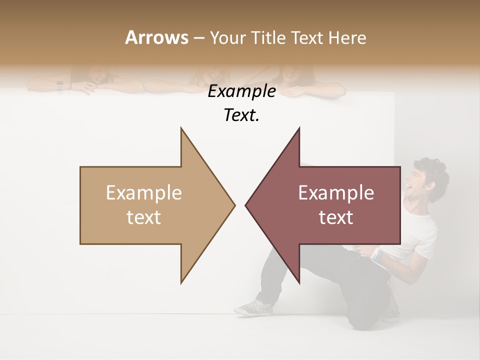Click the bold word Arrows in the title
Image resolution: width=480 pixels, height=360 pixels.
click(156, 37)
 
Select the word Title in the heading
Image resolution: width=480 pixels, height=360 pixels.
click(267, 38)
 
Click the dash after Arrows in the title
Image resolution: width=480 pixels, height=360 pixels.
click(198, 38)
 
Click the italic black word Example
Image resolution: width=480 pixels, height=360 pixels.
click(241, 91)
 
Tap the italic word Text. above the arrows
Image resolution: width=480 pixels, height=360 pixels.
click(241, 115)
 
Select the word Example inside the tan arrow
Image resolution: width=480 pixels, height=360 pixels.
click(144, 193)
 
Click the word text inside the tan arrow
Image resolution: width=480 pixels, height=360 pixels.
click(144, 217)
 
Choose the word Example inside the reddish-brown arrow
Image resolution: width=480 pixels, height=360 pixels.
click(336, 193)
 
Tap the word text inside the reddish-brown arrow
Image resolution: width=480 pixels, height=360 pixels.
click(336, 217)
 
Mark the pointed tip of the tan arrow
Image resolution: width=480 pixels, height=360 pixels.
click(234, 204)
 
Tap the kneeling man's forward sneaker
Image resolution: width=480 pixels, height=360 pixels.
click(254, 307)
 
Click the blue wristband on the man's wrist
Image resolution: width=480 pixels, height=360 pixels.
click(378, 256)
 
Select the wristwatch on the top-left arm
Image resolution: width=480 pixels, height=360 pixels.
click(60, 86)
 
